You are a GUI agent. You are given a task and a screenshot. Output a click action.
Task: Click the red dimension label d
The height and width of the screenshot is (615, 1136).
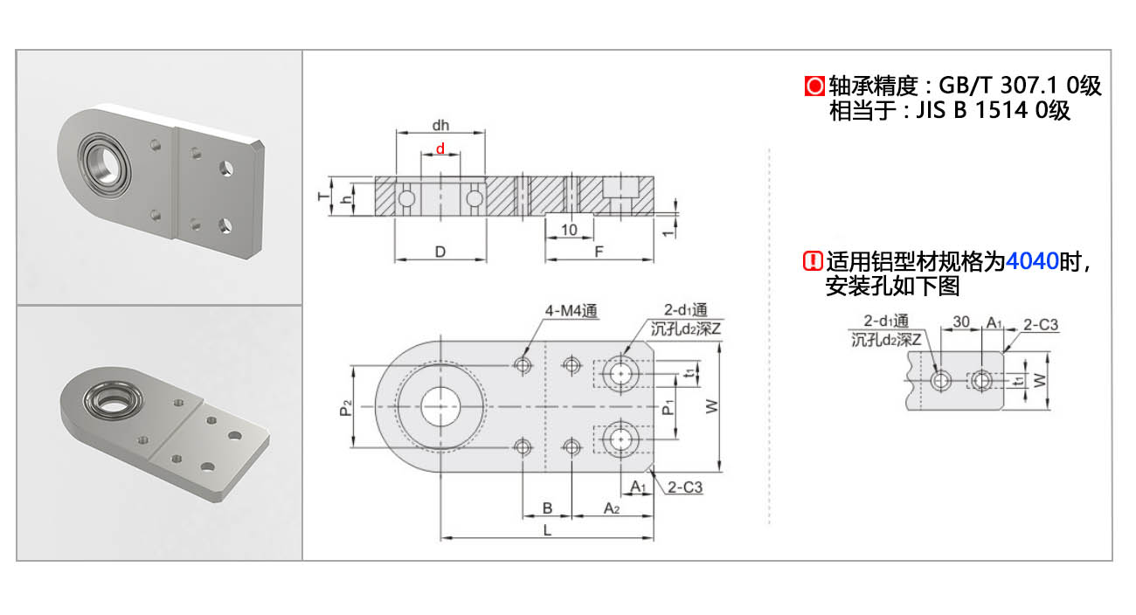(x=440, y=149)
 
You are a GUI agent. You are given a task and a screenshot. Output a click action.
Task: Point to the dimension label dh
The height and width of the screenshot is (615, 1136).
(x=440, y=124)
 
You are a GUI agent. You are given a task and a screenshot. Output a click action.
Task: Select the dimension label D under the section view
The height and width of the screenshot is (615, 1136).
(x=440, y=252)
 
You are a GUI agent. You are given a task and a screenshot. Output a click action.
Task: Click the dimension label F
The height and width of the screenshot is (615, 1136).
(x=599, y=252)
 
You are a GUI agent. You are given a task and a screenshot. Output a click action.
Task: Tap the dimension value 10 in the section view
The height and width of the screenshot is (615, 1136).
(x=569, y=230)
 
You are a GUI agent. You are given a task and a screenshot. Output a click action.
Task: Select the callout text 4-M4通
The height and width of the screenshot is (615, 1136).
(x=570, y=310)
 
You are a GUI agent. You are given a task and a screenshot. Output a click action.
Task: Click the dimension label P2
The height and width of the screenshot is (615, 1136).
(x=346, y=407)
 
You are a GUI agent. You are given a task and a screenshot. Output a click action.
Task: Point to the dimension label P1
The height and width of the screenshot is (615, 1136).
(x=668, y=407)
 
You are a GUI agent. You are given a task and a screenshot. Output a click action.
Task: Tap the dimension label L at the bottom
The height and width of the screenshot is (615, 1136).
(x=547, y=529)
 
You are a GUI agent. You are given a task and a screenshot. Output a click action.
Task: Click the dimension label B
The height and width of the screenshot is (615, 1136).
(x=547, y=508)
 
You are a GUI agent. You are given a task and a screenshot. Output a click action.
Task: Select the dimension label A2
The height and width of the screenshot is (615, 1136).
(x=612, y=508)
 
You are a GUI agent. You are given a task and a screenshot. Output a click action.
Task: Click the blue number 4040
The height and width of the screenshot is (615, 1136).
(x=1032, y=260)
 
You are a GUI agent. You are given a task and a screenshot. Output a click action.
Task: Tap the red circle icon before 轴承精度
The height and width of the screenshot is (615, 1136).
(x=814, y=86)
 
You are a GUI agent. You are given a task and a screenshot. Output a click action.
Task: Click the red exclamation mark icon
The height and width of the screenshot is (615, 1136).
(x=813, y=260)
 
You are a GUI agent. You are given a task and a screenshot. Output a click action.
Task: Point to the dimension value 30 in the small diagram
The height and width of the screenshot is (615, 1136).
(x=961, y=321)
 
